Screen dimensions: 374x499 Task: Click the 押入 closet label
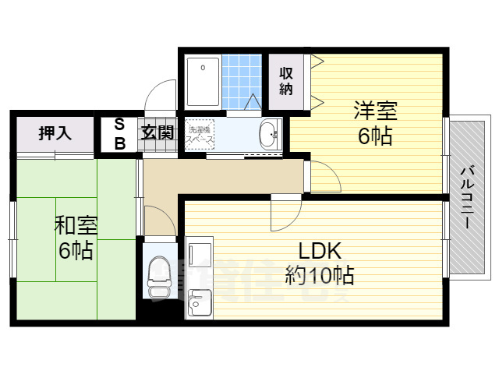pos(55,133)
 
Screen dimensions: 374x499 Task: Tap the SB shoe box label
pos(120,133)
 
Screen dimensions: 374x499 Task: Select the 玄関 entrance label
pos(157,133)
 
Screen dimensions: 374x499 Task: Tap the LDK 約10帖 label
pos(319,263)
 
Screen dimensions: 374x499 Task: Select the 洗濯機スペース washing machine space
pos(202,135)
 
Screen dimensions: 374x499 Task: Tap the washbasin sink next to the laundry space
pos(267,135)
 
